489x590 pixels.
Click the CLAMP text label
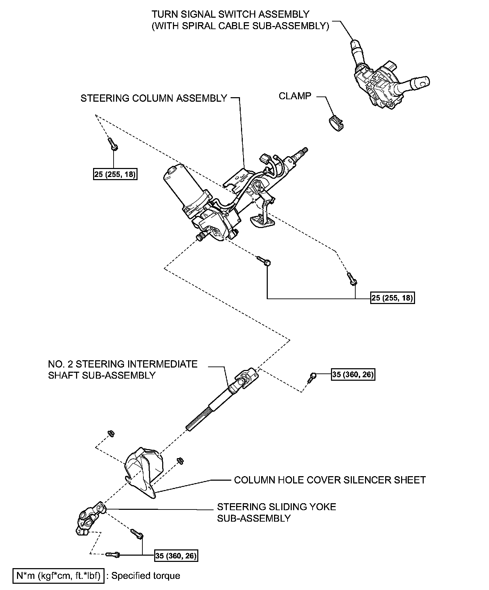click(x=295, y=96)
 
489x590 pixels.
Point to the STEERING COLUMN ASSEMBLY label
click(x=154, y=99)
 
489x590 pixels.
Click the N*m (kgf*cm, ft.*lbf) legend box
click(x=58, y=576)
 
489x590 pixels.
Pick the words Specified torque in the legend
click(x=146, y=576)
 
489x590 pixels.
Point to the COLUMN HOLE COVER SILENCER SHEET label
click(x=330, y=480)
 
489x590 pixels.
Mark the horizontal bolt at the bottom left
click(x=113, y=555)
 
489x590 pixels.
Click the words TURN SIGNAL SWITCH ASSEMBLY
click(x=230, y=15)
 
